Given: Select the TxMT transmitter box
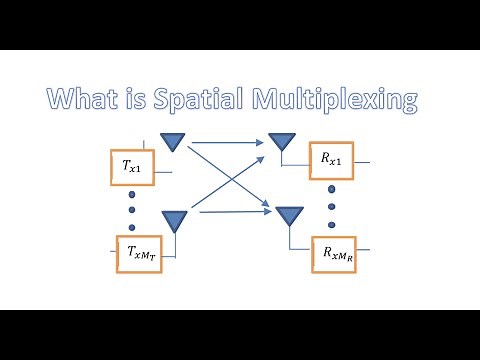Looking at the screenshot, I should (139, 253).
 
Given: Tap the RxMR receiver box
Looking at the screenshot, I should (334, 254).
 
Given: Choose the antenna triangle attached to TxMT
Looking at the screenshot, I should (175, 219).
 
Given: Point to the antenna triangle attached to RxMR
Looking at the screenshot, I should (290, 216).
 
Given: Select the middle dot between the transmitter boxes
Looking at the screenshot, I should (131, 208).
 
